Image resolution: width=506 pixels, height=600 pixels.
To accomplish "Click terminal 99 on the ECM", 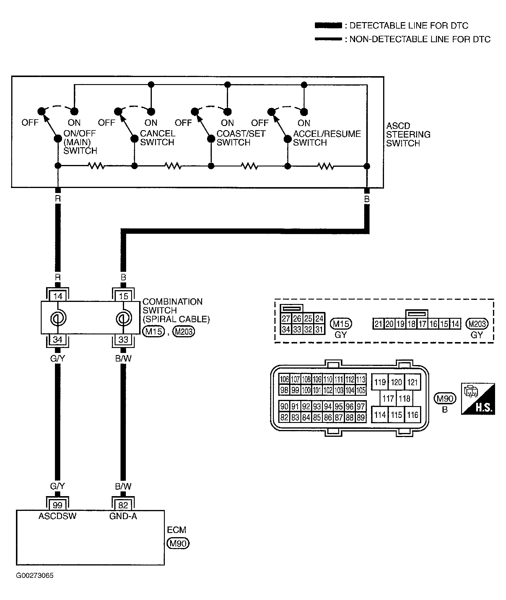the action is click(58, 505).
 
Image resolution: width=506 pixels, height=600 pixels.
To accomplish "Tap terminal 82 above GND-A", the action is click(123, 505).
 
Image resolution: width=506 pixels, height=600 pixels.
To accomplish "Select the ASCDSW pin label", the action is click(58, 516).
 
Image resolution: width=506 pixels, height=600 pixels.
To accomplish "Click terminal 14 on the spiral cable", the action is click(58, 296).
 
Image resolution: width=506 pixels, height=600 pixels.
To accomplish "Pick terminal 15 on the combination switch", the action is click(123, 296).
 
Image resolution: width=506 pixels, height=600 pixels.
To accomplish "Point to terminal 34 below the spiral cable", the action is click(58, 339).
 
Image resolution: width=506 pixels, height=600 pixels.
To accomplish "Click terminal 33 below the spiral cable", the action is click(123, 339).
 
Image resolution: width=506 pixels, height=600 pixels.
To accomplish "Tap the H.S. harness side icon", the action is click(478, 399).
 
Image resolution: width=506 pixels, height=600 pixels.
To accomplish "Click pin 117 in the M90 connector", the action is click(388, 398).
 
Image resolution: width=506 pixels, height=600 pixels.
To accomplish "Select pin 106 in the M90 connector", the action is click(284, 379).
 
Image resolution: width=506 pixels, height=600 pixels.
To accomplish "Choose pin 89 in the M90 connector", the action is click(361, 417).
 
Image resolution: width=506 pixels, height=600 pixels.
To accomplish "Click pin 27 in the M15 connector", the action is click(286, 318).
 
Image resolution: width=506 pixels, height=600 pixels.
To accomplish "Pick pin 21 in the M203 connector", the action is click(378, 324).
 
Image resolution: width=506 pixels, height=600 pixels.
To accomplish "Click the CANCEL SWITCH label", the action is click(158, 138).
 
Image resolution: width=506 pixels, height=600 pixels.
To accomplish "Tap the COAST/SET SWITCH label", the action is click(241, 138).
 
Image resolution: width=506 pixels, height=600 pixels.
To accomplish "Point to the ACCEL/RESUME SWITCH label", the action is click(327, 138).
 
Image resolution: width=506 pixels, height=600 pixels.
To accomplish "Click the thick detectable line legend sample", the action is click(328, 25).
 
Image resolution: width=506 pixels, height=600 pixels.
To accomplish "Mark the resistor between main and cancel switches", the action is click(96, 166).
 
